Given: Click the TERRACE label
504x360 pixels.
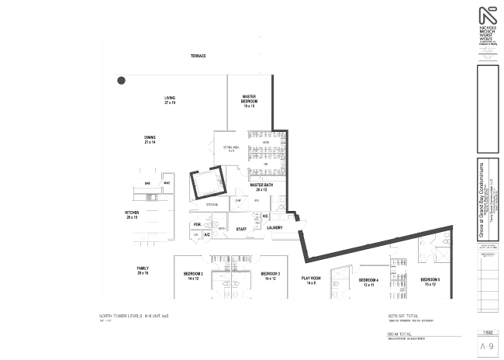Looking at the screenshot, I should point(198,56).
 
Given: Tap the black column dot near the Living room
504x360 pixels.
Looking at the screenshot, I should point(121,80).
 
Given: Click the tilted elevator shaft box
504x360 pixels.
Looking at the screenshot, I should point(206,183).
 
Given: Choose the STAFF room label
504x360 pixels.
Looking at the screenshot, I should point(242,228).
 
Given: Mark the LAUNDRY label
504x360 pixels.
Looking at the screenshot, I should point(274,228).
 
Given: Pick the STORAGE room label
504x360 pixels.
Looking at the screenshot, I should point(212,205).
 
